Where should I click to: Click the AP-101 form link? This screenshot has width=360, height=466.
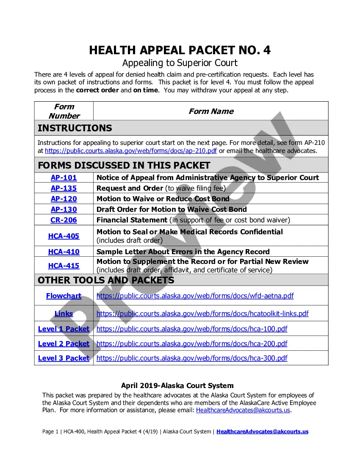click(x=64, y=178)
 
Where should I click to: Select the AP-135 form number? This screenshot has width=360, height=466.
click(x=64, y=188)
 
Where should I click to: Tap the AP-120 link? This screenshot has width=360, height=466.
click(x=64, y=199)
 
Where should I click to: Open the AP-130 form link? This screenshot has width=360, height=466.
click(x=64, y=209)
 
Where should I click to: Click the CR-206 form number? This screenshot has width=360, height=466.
click(x=64, y=220)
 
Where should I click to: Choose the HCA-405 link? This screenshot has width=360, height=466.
click(x=64, y=236)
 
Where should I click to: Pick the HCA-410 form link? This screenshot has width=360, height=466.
click(x=64, y=252)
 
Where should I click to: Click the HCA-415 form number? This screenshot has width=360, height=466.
click(x=64, y=266)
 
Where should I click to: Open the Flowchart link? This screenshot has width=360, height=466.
click(x=64, y=296)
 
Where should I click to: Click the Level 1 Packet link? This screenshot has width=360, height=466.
click(x=64, y=329)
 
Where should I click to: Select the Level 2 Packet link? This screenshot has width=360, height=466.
click(x=64, y=344)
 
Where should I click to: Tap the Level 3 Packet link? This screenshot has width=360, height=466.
click(x=64, y=358)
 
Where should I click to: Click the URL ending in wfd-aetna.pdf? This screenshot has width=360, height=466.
click(x=195, y=296)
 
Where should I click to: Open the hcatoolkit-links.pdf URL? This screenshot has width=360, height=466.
click(x=202, y=314)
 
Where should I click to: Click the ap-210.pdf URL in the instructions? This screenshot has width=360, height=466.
click(x=131, y=151)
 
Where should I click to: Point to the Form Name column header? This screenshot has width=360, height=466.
click(x=211, y=111)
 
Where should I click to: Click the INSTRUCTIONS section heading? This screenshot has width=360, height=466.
click(x=75, y=128)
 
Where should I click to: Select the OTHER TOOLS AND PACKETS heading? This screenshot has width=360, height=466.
click(x=106, y=280)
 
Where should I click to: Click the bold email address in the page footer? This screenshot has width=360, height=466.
click(x=262, y=432)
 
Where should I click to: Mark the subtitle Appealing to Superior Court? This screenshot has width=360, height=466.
click(x=180, y=63)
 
